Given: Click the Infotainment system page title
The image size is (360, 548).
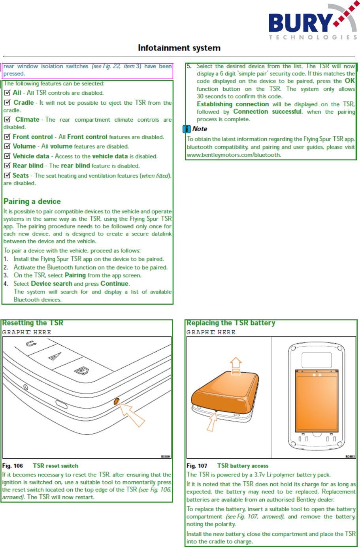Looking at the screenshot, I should click(179, 48).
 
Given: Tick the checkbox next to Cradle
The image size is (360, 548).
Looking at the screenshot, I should click(7, 103).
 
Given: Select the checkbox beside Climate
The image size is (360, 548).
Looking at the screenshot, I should click(7, 119).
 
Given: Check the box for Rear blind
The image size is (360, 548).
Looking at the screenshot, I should click(7, 166).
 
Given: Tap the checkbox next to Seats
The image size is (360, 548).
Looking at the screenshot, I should click(7, 175).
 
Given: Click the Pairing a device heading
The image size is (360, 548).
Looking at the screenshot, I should click(32, 201).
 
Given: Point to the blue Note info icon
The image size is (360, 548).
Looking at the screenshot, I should click(187, 129).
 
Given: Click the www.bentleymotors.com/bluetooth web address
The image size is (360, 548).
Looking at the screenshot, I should click(234, 155).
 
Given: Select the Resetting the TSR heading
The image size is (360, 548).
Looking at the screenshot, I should click(33, 323).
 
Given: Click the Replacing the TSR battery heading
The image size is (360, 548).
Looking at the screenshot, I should click(231, 323).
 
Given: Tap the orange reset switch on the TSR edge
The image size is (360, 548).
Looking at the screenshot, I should click(117, 402).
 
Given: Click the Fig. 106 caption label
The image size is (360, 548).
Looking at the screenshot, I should click(13, 466).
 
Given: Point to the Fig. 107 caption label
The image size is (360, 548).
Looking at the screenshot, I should click(197, 466).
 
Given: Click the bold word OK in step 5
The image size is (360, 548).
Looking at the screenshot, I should click(350, 81).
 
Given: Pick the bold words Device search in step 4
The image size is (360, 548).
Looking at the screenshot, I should click(51, 284).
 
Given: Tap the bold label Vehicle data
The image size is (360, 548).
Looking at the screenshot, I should click(31, 156).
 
